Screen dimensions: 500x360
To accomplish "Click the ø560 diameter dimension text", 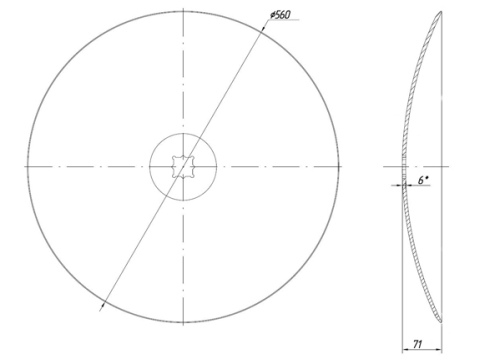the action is pyautogui.click(x=280, y=15).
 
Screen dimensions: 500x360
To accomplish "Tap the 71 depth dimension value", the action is pyautogui.click(x=418, y=344).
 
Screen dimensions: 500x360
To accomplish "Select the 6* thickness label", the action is pyautogui.click(x=423, y=180).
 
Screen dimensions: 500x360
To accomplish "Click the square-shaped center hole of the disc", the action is pyautogui.click(x=183, y=167).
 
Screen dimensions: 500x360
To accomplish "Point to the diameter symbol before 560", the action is pyautogui.click(x=273, y=15).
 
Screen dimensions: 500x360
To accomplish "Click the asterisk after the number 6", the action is pyautogui.click(x=427, y=178).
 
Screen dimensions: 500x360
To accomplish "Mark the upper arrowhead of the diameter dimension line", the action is pyautogui.click(x=263, y=27).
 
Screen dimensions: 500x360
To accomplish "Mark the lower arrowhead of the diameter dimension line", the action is pyautogui.click(x=103, y=304).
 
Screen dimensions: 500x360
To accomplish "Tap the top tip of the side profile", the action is pyautogui.click(x=441, y=12).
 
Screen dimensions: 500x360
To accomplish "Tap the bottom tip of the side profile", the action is pyautogui.click(x=441, y=322).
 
